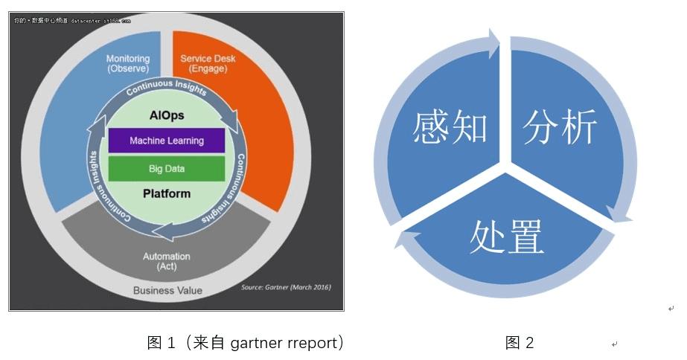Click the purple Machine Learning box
pyautogui.click(x=166, y=141)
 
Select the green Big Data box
pyautogui.click(x=166, y=169)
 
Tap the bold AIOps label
pyautogui.click(x=166, y=116)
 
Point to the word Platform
pyautogui.click(x=166, y=193)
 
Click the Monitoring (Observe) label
pyautogui.click(x=127, y=63)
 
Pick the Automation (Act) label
pyautogui.click(x=166, y=261)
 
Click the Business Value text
pyautogui.click(x=167, y=290)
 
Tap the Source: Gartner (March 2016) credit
pyautogui.click(x=286, y=287)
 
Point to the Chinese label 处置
pyautogui.click(x=506, y=237)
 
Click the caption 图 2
pyautogui.click(x=520, y=342)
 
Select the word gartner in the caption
pyautogui.click(x=257, y=342)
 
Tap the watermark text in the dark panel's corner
pyautogui.click(x=71, y=21)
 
